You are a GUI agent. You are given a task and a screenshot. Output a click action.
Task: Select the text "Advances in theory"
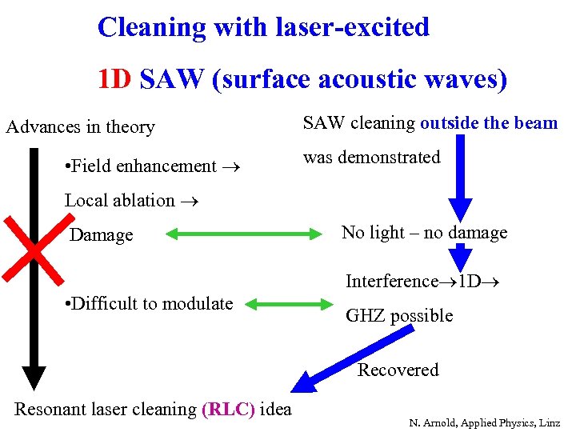(x=81, y=127)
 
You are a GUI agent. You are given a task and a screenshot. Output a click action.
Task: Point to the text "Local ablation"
(x=120, y=201)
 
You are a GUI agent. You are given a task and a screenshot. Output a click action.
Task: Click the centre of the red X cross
(x=34, y=250)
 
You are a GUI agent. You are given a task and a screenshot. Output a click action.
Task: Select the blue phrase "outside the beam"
(x=489, y=123)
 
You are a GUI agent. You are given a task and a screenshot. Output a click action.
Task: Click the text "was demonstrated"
(x=371, y=158)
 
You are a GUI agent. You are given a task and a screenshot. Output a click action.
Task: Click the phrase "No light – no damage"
(x=424, y=233)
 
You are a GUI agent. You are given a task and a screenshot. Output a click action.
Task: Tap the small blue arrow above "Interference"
(x=461, y=258)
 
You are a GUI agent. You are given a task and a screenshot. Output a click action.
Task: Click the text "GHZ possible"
(x=399, y=316)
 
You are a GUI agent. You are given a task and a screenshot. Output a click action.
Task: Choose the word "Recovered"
(x=398, y=370)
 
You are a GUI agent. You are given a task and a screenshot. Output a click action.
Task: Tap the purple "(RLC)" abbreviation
(x=229, y=410)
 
